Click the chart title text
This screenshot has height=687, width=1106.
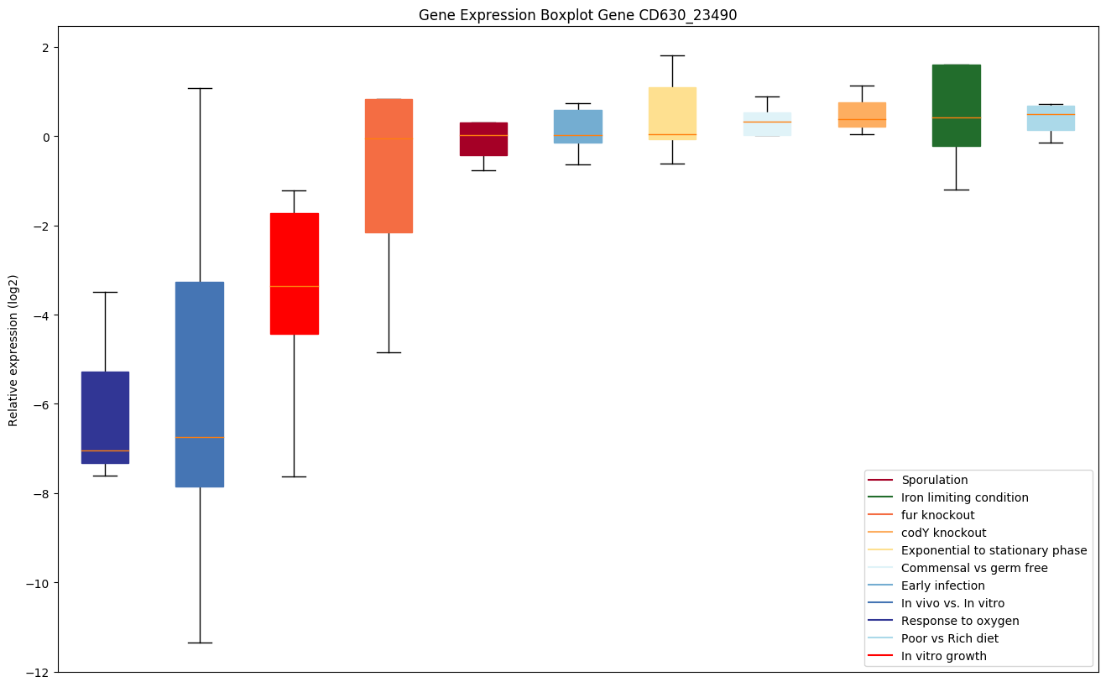click(577, 15)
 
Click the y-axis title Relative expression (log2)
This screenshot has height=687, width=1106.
click(13, 349)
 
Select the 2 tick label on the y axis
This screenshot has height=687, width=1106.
click(45, 47)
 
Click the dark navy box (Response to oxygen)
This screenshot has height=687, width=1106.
click(105, 417)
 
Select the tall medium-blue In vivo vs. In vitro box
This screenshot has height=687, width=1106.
click(200, 384)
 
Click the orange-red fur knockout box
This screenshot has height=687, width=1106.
click(389, 165)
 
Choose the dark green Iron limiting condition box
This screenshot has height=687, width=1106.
click(956, 105)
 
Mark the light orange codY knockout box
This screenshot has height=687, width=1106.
click(862, 115)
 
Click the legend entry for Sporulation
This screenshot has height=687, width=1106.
click(934, 480)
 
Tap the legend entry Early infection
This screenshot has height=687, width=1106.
click(942, 586)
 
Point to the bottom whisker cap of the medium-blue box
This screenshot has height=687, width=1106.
click(200, 643)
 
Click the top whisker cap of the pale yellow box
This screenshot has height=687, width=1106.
click(672, 55)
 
